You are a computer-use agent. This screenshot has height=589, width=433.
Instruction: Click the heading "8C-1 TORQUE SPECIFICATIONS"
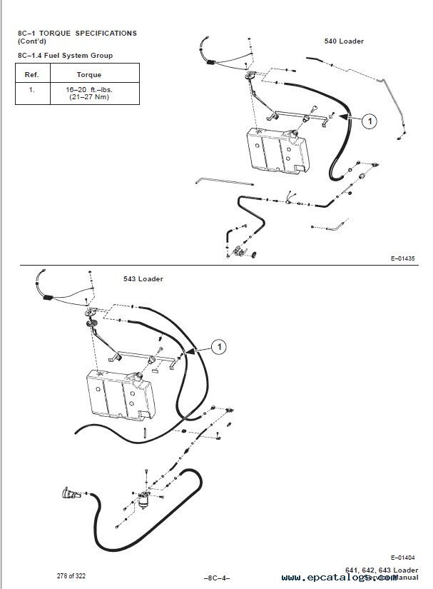pos(76,34)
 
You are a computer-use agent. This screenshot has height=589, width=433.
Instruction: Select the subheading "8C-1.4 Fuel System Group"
pos(63,55)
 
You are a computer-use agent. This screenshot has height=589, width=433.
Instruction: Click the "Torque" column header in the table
pos(88,74)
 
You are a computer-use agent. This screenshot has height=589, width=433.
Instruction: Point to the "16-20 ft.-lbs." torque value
pos(88,90)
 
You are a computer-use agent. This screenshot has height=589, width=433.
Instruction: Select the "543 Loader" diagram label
pos(145,278)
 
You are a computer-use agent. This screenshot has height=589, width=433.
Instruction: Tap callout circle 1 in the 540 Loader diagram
pos(370,122)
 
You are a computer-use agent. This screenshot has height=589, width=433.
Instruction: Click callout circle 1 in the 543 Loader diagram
pos(220,346)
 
